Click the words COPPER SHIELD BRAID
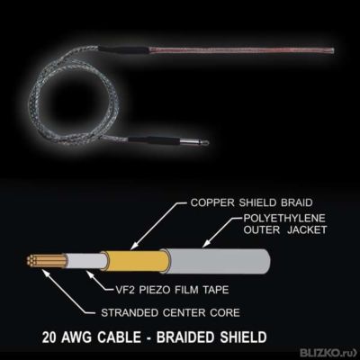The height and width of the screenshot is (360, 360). [251, 202]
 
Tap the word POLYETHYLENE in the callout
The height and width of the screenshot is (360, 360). [284, 218]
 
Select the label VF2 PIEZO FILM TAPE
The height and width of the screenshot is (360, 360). [172, 290]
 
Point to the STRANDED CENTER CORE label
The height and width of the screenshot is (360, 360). [170, 312]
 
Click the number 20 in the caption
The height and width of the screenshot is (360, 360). [49, 337]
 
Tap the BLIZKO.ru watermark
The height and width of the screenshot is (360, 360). [328, 352]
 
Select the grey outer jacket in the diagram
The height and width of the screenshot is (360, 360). [217, 261]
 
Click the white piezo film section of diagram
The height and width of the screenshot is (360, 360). [86, 261]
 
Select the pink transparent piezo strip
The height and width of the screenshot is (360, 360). [241, 50]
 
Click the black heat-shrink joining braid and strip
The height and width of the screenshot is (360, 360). [123, 49]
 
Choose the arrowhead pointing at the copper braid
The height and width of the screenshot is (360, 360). [132, 247]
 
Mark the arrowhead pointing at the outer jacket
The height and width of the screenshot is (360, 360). [205, 246]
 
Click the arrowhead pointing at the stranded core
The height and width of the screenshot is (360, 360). [44, 271]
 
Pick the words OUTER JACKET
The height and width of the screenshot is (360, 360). [284, 229]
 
